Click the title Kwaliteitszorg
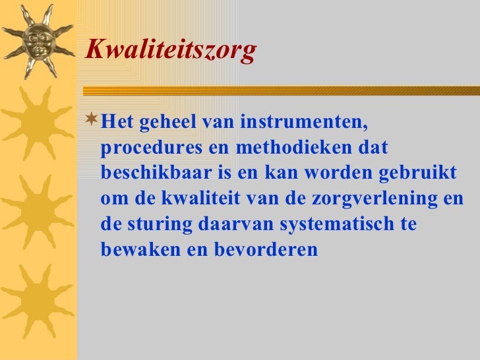coord(170,51)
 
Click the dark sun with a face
coord(36,40)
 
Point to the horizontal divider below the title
coord(277,90)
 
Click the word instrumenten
coord(304,123)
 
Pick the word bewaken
coord(135,249)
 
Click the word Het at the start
coord(118,123)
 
